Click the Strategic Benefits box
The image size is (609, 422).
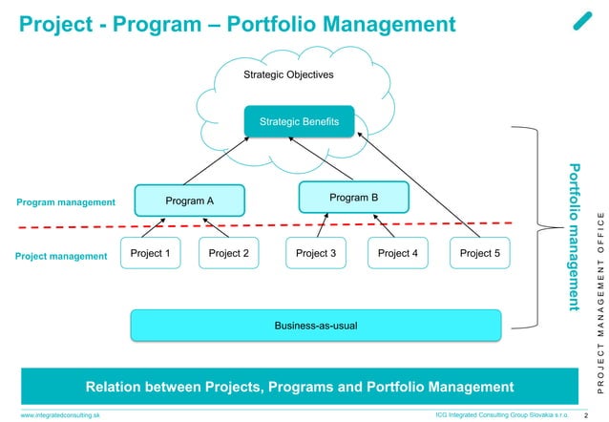pyautogui.click(x=300, y=121)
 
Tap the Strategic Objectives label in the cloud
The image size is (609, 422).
pyautogui.click(x=288, y=74)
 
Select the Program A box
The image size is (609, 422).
pyautogui.click(x=190, y=200)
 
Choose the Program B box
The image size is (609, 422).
pyautogui.click(x=354, y=197)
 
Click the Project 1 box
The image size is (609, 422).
pyautogui.click(x=149, y=253)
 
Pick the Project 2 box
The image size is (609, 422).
pyautogui.click(x=228, y=253)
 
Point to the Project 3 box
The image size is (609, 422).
pyautogui.click(x=316, y=253)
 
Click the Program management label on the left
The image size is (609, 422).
pyautogui.click(x=66, y=202)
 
